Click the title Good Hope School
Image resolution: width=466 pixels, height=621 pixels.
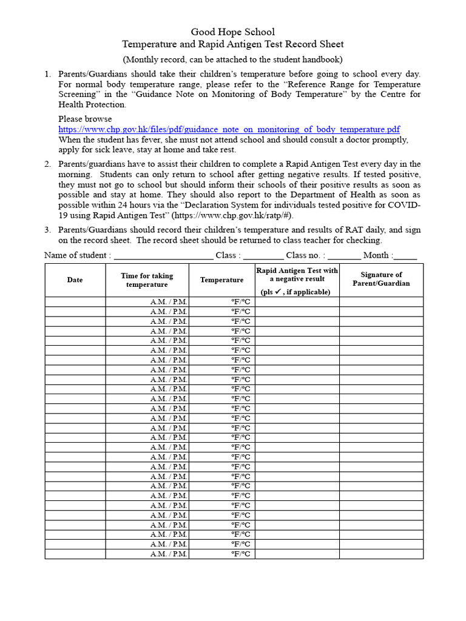click(x=233, y=32)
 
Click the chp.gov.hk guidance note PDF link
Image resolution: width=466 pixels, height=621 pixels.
click(x=229, y=129)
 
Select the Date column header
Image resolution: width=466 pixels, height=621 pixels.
click(x=75, y=280)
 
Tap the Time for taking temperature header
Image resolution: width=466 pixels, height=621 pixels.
click(x=147, y=280)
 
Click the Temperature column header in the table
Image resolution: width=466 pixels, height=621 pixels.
click(x=221, y=280)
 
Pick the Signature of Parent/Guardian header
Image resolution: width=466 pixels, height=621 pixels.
click(x=381, y=279)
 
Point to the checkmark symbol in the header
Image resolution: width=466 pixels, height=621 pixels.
click(x=279, y=291)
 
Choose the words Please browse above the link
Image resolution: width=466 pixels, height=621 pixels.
click(x=85, y=119)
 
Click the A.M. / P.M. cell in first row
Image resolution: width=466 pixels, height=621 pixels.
click(x=169, y=301)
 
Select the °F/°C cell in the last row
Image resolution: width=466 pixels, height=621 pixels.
click(x=240, y=554)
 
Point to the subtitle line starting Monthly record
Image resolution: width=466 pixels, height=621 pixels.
click(x=233, y=59)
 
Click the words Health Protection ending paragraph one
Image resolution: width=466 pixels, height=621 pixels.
click(x=84, y=104)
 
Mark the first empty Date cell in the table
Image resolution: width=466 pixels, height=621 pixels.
click(x=75, y=301)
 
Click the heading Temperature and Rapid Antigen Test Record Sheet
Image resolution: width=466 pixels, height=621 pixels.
click(x=233, y=44)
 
